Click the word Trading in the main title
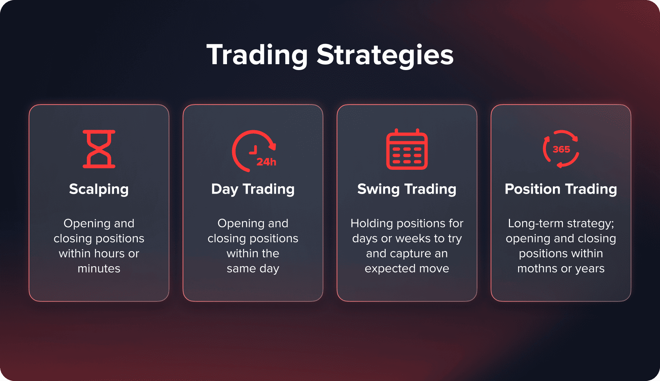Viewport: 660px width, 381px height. click(257, 55)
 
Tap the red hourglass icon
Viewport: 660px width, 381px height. click(99, 149)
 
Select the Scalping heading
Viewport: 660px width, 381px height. click(99, 189)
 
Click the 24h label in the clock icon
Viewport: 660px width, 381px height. click(266, 162)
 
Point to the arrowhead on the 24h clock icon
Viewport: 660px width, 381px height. click(272, 146)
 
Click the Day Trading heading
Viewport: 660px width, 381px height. click(253, 189)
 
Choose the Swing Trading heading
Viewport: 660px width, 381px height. click(407, 189)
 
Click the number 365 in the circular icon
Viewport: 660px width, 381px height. click(561, 149)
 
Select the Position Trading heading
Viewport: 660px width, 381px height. click(561, 189)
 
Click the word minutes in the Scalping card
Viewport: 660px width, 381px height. click(99, 268)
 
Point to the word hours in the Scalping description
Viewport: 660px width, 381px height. click(110, 253)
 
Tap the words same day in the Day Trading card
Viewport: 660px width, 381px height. click(253, 268)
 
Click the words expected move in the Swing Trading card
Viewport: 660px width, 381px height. click(407, 268)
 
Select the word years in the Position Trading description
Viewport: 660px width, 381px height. click(590, 268)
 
